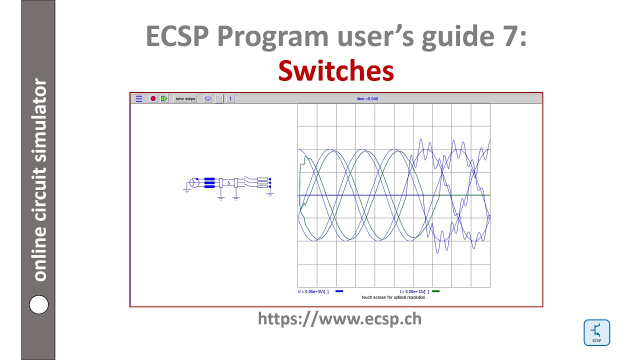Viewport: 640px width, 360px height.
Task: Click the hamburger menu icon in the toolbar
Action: click(139, 98)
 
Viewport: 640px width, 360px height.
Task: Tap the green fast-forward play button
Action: click(164, 98)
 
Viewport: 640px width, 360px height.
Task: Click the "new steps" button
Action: click(185, 98)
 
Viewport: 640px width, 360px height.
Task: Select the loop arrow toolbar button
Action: click(207, 98)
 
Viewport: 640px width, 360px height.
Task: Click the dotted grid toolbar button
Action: click(219, 98)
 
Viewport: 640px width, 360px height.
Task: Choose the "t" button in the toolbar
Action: click(230, 98)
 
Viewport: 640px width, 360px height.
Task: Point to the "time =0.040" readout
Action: click(367, 98)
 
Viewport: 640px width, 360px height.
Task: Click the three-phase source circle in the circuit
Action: click(194, 183)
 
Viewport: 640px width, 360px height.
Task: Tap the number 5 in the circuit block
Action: click(229, 183)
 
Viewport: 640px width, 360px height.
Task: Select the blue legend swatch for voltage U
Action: click(339, 291)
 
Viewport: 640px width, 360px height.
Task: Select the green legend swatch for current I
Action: click(435, 291)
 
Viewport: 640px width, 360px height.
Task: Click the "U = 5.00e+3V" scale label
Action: click(313, 291)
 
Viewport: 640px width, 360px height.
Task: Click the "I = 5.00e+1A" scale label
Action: click(414, 291)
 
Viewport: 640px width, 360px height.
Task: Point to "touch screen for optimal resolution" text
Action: click(393, 297)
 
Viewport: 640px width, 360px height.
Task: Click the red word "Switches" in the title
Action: click(336, 70)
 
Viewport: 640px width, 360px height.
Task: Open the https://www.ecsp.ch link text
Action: click(339, 318)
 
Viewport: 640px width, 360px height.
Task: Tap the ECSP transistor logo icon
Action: click(596, 332)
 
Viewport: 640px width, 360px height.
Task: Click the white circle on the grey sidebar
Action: click(38, 304)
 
